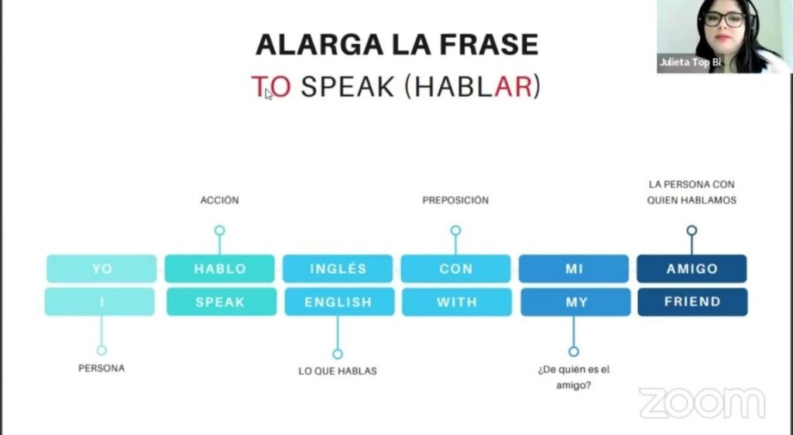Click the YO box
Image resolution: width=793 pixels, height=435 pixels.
coord(101,269)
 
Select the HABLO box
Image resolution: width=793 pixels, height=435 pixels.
coord(219,269)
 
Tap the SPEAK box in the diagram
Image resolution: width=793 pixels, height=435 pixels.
coord(221,302)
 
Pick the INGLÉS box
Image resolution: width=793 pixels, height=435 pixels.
coord(338,269)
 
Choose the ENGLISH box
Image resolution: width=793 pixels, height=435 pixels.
coord(339,302)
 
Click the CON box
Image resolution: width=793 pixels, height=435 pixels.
coord(455,269)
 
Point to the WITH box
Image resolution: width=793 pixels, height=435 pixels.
coord(457,302)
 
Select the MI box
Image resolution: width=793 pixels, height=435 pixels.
coord(574,269)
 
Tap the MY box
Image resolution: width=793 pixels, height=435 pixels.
coord(575,302)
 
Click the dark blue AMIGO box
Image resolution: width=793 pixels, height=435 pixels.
coord(692,269)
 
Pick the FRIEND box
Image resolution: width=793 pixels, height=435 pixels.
coord(692,302)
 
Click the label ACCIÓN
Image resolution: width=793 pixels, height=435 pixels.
coord(219,200)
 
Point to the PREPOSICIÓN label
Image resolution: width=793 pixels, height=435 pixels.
coord(455,200)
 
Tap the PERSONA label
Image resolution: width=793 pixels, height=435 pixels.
coord(101,368)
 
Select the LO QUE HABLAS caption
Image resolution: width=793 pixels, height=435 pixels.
coord(338,371)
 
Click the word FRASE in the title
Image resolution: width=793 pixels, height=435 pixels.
coord(489,44)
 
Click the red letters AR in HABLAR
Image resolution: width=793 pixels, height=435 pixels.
coord(513,87)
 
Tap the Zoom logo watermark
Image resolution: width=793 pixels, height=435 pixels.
coord(702,402)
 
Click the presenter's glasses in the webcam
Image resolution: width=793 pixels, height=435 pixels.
coord(725,19)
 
